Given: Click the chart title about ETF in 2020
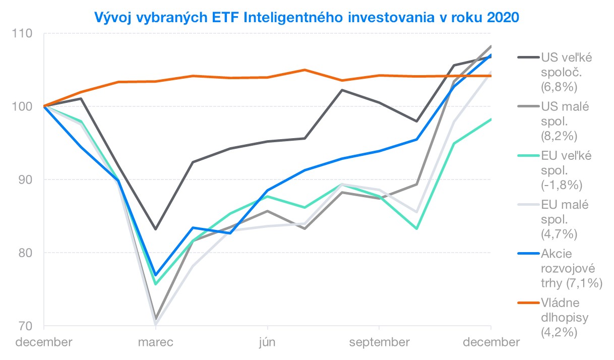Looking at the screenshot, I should pyautogui.click(x=306, y=17).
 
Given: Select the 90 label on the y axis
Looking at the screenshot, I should pyautogui.click(x=25, y=179).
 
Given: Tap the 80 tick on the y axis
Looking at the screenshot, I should pyautogui.click(x=25, y=253).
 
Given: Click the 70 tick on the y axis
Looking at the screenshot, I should pyautogui.click(x=25, y=326).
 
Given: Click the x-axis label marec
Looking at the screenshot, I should pyautogui.click(x=155, y=342).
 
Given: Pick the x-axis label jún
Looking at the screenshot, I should pyautogui.click(x=267, y=342).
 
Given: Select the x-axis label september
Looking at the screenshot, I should pyautogui.click(x=379, y=342).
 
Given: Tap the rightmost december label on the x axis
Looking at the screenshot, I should pyautogui.click(x=490, y=342).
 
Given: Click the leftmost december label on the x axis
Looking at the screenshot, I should pyautogui.click(x=44, y=342).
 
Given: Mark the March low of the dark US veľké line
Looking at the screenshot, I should pyautogui.click(x=155, y=229).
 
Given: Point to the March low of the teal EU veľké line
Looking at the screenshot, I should pyautogui.click(x=155, y=284).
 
